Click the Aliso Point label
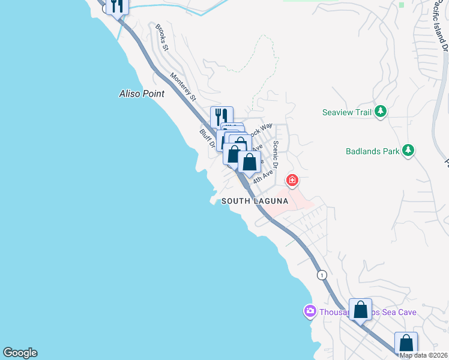(141, 94)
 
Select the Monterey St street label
(183, 86)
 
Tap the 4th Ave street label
(263, 176)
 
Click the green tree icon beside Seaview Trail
(380, 112)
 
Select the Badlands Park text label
(372, 151)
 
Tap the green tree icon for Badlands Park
(408, 151)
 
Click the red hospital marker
(292, 179)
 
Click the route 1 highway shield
(323, 275)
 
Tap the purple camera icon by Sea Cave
(310, 311)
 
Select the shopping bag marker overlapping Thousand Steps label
(360, 311)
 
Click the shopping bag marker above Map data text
(406, 343)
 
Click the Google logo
(20, 353)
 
